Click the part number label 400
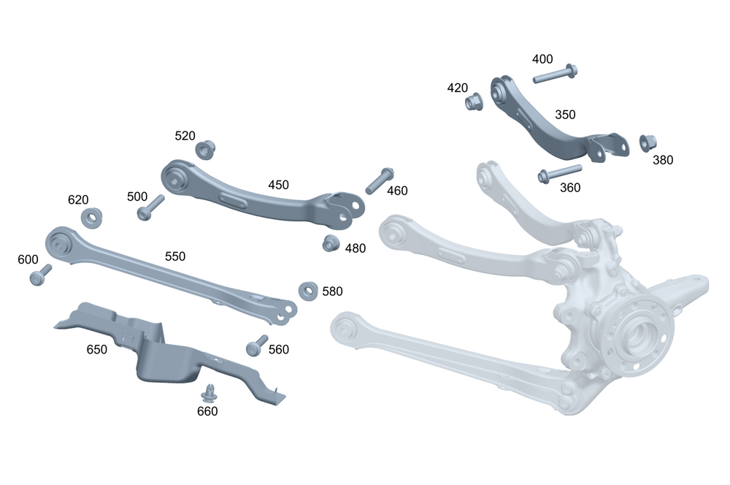[x=542, y=59]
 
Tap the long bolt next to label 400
[x=556, y=74]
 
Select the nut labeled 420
[x=474, y=102]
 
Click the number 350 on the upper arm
[x=565, y=115]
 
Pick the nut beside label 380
[x=648, y=142]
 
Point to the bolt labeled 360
[x=560, y=173]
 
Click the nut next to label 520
[x=205, y=150]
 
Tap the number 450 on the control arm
[x=278, y=185]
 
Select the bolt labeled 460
[x=380, y=180]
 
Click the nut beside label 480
[x=331, y=243]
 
